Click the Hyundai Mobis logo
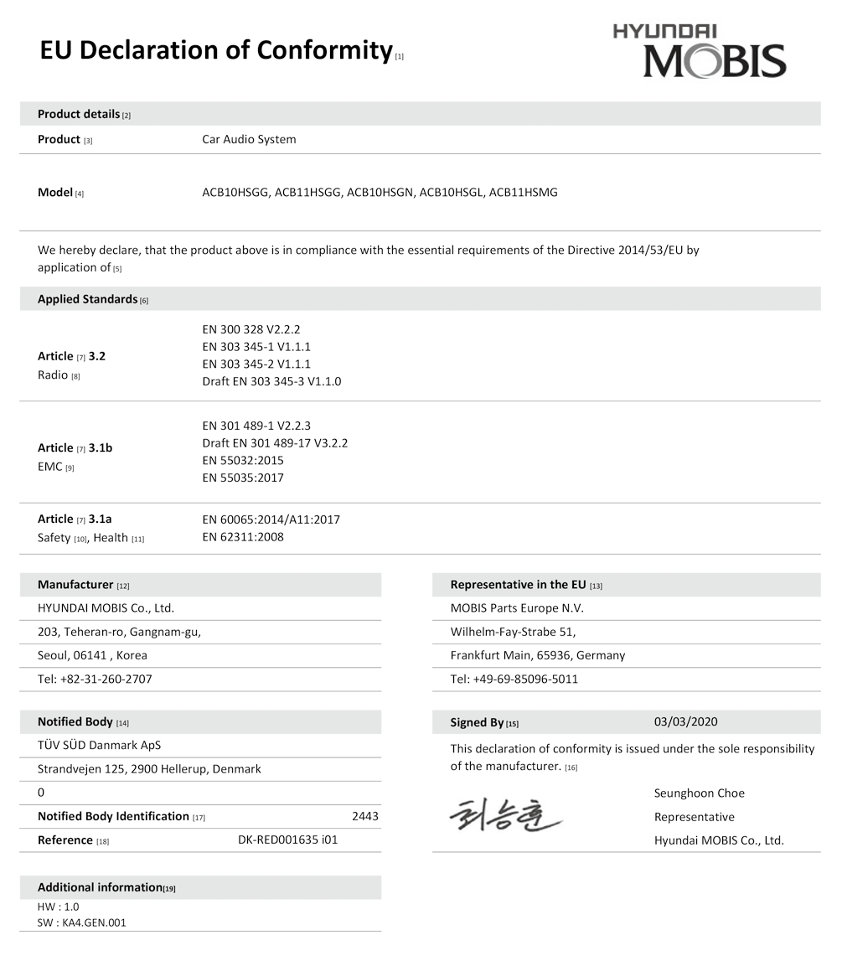[700, 50]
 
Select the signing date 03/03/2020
[685, 722]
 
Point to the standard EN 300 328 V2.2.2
[251, 328]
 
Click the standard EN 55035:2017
[243, 478]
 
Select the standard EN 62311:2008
[243, 537]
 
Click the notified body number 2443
[366, 816]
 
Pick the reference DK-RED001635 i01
[288, 840]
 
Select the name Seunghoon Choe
[699, 793]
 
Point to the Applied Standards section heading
[88, 299]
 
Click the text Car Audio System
[249, 139]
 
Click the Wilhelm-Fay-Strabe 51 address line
[513, 632]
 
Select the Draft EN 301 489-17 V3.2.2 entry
[275, 442]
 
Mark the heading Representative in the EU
[518, 585]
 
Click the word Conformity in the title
[324, 50]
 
